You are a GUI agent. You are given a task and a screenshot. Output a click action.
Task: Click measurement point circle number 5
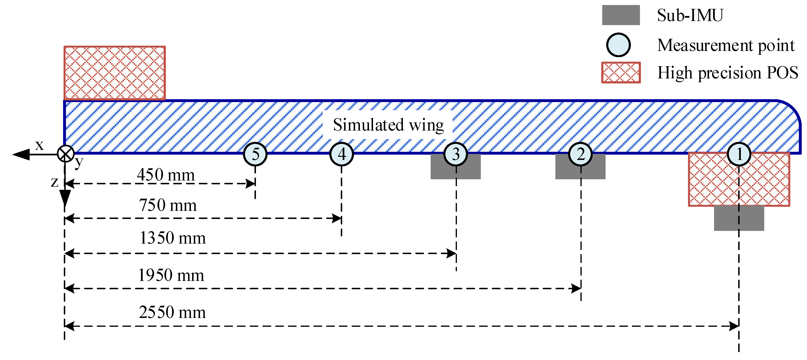tap(255, 154)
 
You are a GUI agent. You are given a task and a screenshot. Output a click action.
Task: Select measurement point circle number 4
tap(341, 154)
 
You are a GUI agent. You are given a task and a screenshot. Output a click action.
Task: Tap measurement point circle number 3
tap(456, 154)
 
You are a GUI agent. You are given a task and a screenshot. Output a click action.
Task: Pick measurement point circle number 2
tap(580, 154)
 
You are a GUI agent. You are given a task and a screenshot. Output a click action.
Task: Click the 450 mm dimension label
tap(166, 175)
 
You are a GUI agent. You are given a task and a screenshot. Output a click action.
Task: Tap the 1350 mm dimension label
tap(172, 238)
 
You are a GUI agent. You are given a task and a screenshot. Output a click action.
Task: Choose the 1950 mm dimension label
tap(171, 275)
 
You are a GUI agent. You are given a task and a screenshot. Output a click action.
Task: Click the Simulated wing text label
tap(388, 125)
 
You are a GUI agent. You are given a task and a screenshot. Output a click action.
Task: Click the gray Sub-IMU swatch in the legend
tap(621, 15)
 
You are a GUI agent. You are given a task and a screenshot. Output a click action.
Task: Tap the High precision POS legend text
tap(727, 73)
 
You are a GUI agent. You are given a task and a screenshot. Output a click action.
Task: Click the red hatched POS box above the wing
tap(115, 73)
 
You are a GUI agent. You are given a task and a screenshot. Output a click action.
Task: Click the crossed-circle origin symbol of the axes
tap(65, 154)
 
